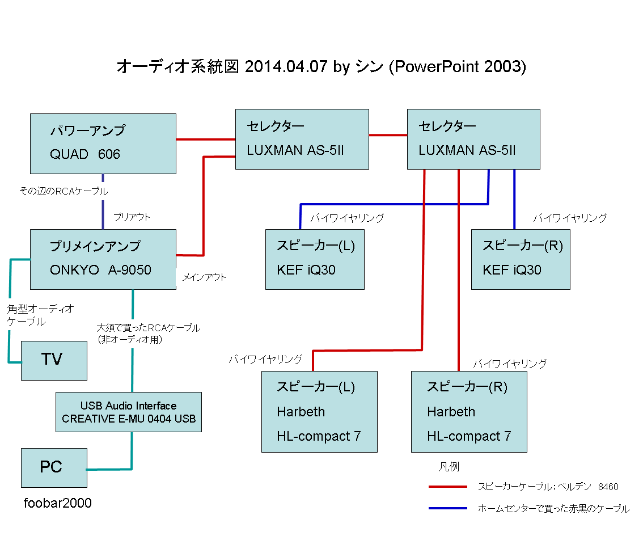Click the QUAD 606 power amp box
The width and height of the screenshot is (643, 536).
[103, 144]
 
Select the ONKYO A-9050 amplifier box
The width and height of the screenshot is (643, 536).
[103, 259]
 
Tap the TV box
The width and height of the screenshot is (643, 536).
[54, 360]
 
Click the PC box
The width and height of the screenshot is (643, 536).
[54, 468]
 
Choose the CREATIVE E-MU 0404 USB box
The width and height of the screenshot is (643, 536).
[129, 412]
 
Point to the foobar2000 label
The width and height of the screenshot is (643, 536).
[57, 503]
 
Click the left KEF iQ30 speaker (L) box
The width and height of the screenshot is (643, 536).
[315, 259]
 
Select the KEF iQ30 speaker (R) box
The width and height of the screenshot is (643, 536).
[521, 259]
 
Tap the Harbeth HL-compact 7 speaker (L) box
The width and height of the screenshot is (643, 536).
[319, 412]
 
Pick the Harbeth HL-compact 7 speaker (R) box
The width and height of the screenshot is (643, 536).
[469, 412]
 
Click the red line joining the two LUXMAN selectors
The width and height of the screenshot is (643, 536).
[388, 135]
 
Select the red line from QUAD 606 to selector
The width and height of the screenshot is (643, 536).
[205, 139]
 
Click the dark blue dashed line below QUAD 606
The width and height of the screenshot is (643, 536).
[103, 201]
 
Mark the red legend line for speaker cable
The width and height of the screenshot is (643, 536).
[448, 487]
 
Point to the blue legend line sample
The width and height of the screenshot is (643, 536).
[448, 508]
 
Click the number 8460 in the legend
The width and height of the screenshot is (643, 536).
[608, 487]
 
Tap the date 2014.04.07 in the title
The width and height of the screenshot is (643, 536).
[286, 66]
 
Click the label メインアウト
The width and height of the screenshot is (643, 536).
[204, 277]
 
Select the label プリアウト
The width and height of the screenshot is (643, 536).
[132, 217]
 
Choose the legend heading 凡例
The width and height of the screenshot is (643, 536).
[449, 467]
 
